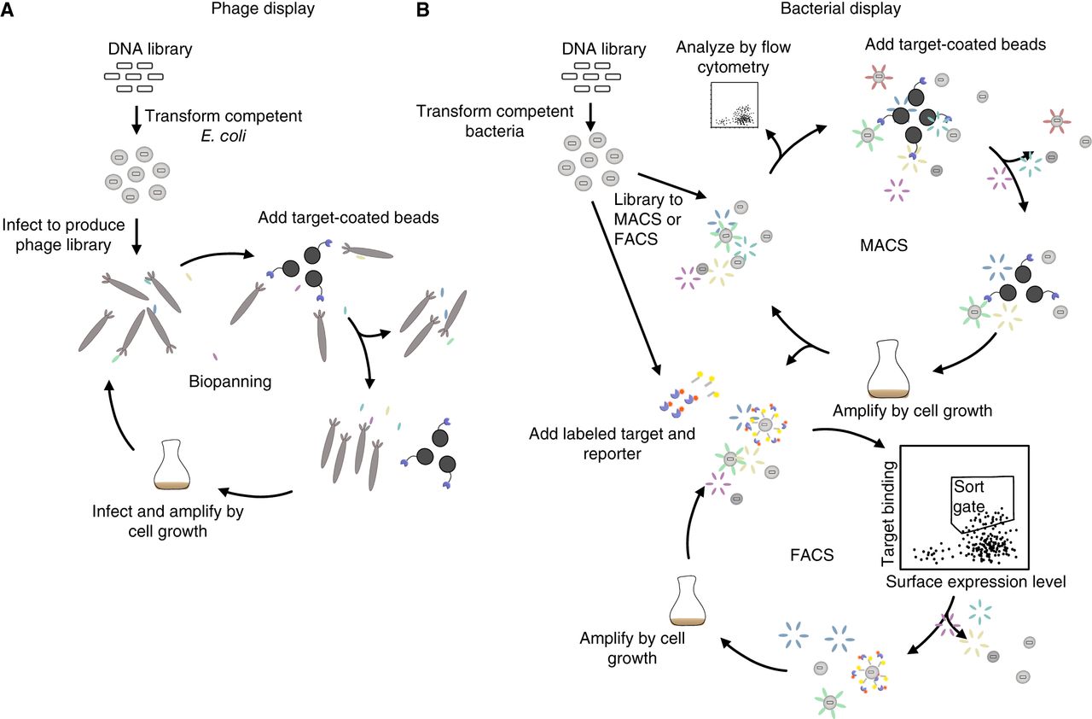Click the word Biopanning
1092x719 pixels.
tap(229, 382)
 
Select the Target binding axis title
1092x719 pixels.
tap(892, 512)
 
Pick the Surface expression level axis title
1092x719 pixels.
tap(976, 583)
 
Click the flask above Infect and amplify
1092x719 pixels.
tap(174, 465)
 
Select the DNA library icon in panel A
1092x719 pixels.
tap(132, 76)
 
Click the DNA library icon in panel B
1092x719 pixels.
tap(590, 76)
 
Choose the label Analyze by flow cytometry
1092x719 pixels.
tap(734, 56)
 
